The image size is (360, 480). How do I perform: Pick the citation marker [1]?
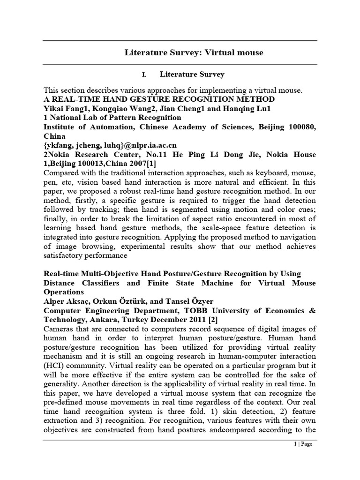[x=151, y=164]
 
